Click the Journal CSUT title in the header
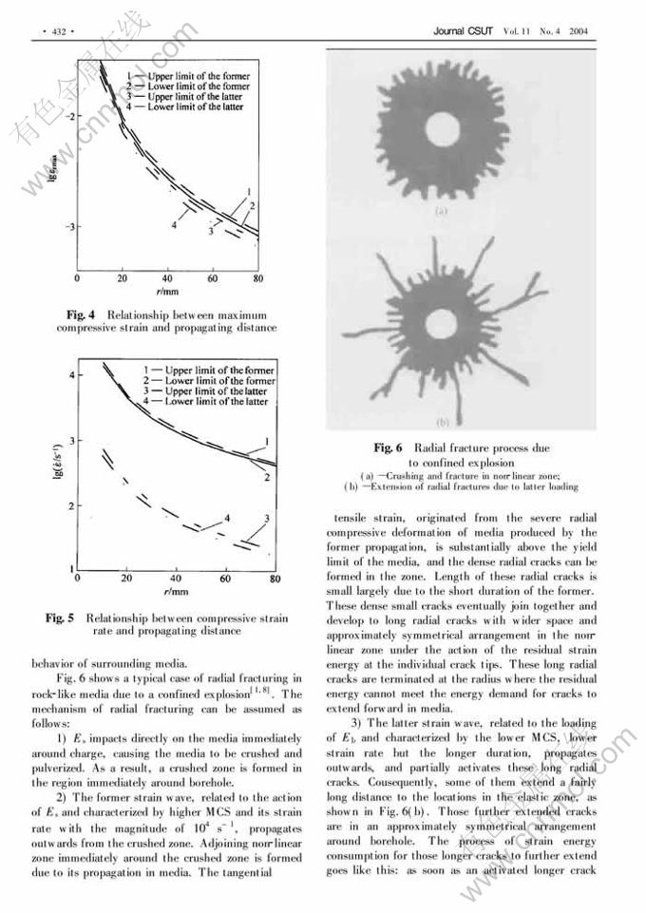(464, 31)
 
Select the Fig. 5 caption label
(62, 618)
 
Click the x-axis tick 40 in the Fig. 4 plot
(168, 279)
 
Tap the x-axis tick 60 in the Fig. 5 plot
(226, 578)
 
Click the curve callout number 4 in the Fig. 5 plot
(228, 518)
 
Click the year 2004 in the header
(579, 31)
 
